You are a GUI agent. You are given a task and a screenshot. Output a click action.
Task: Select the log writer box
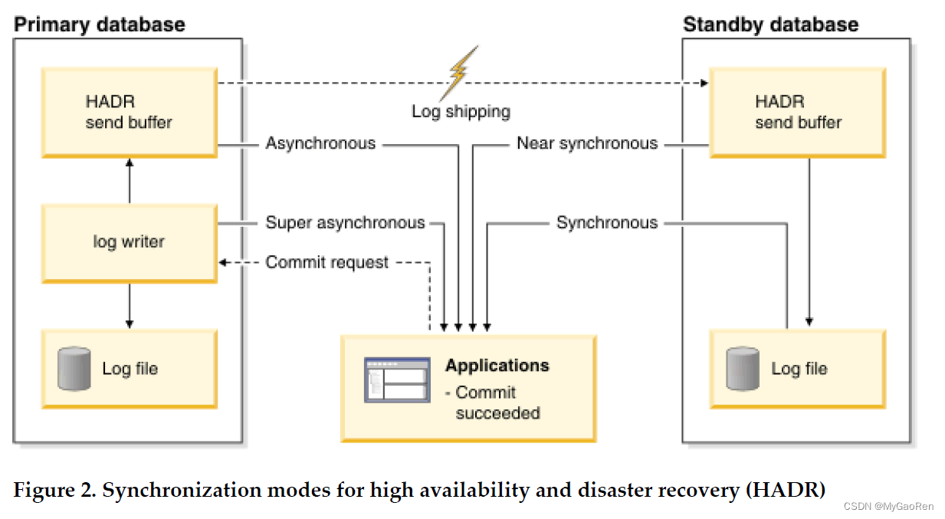(x=129, y=242)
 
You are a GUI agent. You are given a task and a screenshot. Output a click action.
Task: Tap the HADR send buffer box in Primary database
(x=129, y=113)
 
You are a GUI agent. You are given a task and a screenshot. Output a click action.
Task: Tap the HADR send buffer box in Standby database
(x=798, y=113)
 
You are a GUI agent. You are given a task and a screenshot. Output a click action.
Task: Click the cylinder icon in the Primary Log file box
(x=74, y=369)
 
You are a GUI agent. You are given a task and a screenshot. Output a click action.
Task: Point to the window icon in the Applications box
(x=396, y=380)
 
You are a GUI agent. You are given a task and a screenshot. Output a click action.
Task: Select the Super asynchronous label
(x=345, y=223)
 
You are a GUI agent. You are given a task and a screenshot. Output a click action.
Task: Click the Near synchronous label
(x=587, y=143)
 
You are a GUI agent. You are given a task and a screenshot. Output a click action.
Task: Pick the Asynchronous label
(x=320, y=143)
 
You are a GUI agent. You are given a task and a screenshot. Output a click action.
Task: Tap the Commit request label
(x=327, y=263)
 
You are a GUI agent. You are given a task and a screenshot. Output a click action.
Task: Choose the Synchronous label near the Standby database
(x=607, y=223)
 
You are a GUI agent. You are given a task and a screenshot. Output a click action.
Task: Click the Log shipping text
(x=461, y=112)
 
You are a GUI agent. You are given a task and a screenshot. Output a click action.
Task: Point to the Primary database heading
(x=100, y=25)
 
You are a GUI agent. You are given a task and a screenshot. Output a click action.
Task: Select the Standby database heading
(x=770, y=25)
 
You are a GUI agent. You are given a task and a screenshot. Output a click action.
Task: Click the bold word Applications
(x=497, y=366)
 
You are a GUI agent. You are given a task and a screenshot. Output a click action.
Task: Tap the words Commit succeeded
(x=497, y=403)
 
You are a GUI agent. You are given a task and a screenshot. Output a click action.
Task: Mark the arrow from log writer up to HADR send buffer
(x=130, y=181)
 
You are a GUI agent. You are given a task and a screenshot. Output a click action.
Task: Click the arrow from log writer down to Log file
(x=130, y=306)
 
